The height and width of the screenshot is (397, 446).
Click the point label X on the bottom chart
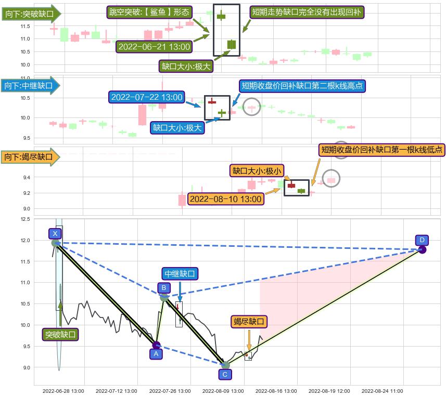pyautogui.click(x=55, y=234)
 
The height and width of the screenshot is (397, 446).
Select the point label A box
pyautogui.click(x=156, y=354)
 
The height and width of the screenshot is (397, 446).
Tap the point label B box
pyautogui.click(x=163, y=288)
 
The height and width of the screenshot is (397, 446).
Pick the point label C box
pyautogui.click(x=225, y=374)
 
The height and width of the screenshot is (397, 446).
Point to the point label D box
pyautogui.click(x=422, y=240)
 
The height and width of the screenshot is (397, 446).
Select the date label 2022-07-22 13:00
pyautogui.click(x=147, y=97)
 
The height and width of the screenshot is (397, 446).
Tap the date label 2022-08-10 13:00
pyautogui.click(x=225, y=199)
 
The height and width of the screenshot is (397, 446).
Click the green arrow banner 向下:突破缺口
pyautogui.click(x=31, y=14)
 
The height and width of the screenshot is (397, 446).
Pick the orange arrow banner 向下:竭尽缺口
pyautogui.click(x=31, y=156)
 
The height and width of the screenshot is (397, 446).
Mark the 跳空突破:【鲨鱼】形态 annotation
pyautogui.click(x=149, y=12)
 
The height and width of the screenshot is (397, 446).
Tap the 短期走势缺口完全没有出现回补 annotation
pyautogui.click(x=308, y=12)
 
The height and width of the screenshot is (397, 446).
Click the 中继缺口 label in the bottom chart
pyautogui.click(x=180, y=274)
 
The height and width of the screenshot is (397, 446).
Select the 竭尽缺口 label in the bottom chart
pyautogui.click(x=249, y=322)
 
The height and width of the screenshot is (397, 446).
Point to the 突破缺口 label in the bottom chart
pyautogui.click(x=60, y=335)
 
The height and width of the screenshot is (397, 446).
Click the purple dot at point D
pyautogui.click(x=422, y=250)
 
